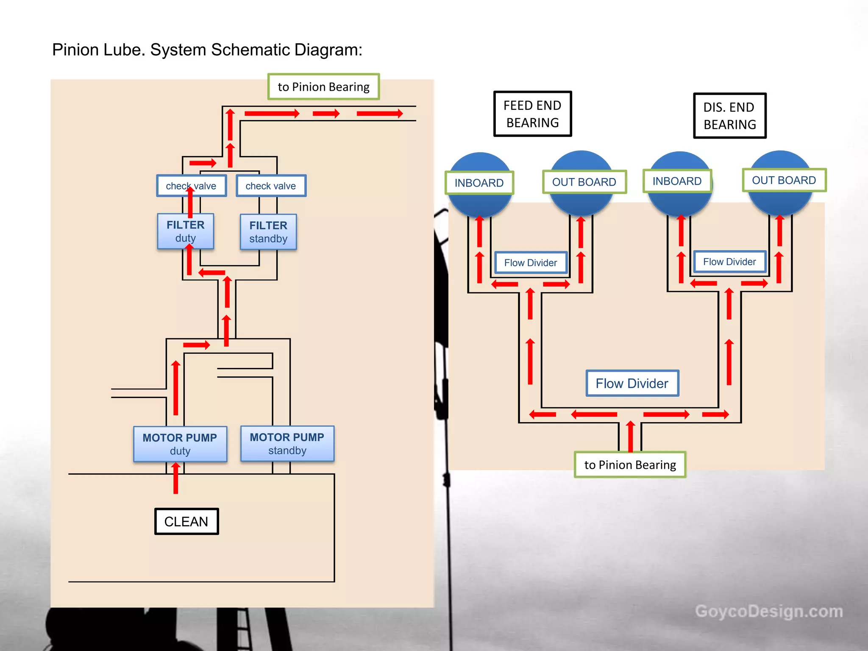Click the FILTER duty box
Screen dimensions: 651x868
click(x=185, y=231)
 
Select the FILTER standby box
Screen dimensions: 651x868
click(x=268, y=232)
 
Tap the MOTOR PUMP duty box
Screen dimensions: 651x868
click(x=180, y=444)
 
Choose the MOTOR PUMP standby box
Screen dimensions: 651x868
click(x=287, y=443)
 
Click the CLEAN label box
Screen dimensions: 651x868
click(x=186, y=521)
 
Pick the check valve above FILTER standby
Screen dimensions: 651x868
click(x=271, y=186)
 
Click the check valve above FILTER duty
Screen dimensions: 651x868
click(x=191, y=186)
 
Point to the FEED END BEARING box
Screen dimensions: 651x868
click(x=532, y=114)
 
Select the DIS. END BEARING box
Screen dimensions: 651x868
click(x=729, y=116)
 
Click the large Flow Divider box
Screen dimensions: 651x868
click(x=632, y=383)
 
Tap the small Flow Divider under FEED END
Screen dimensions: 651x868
click(x=531, y=263)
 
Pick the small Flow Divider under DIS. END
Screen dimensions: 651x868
click(x=729, y=262)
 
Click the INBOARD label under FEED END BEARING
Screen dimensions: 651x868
click(x=479, y=183)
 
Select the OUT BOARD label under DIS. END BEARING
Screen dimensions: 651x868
click(x=784, y=180)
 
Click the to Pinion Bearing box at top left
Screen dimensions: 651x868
click(x=323, y=87)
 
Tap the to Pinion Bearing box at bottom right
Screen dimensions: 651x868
click(x=630, y=465)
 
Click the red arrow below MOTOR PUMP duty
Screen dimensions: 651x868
click(x=175, y=479)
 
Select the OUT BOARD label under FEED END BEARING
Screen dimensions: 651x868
click(x=584, y=182)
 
